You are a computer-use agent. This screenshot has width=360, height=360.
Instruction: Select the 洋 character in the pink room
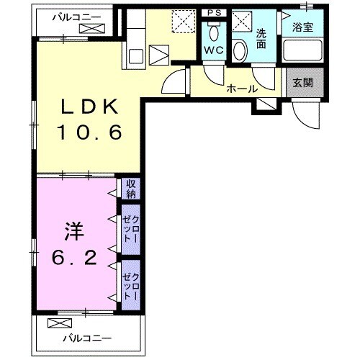pyautogui.click(x=73, y=233)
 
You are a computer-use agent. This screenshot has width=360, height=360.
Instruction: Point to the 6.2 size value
pyautogui.click(x=73, y=258)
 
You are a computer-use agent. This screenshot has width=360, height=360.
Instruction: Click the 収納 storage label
pyautogui.click(x=131, y=189)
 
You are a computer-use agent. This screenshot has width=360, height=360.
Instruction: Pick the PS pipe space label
pyautogui.click(x=212, y=13)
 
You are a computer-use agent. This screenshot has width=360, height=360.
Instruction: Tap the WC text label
pyautogui.click(x=213, y=50)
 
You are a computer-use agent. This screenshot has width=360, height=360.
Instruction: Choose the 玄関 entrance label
pyautogui.click(x=302, y=82)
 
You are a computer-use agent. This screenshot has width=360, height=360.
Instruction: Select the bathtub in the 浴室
pyautogui.click(x=302, y=51)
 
